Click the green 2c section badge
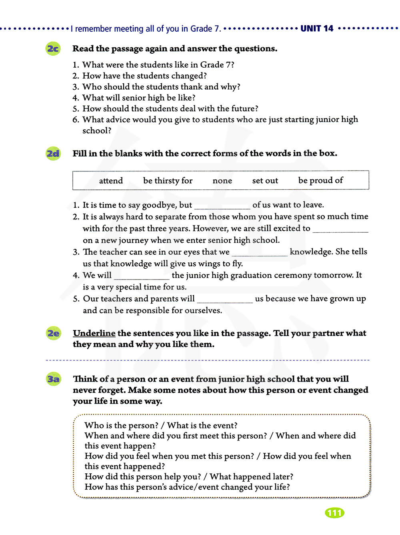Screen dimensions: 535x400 [x=53, y=49]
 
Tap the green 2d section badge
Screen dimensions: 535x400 [x=53, y=153]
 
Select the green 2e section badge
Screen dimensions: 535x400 [x=53, y=333]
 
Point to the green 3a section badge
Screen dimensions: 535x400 [x=54, y=379]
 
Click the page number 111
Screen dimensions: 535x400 [x=334, y=513]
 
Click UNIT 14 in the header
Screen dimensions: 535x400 [x=317, y=28]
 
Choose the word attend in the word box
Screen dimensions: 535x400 [x=111, y=181]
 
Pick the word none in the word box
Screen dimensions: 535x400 [x=222, y=181]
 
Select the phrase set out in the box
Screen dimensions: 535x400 [x=265, y=181]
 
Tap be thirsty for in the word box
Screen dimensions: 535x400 [x=168, y=181]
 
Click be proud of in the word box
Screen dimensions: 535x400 [x=320, y=180]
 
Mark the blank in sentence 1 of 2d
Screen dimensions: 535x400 [x=222, y=206]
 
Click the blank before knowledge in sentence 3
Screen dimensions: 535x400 [x=260, y=253]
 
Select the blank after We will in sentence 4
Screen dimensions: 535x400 [x=142, y=277]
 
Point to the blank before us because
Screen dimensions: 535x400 [x=225, y=300]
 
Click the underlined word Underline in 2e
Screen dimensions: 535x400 [x=94, y=333]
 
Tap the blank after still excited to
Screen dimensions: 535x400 [x=340, y=229]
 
